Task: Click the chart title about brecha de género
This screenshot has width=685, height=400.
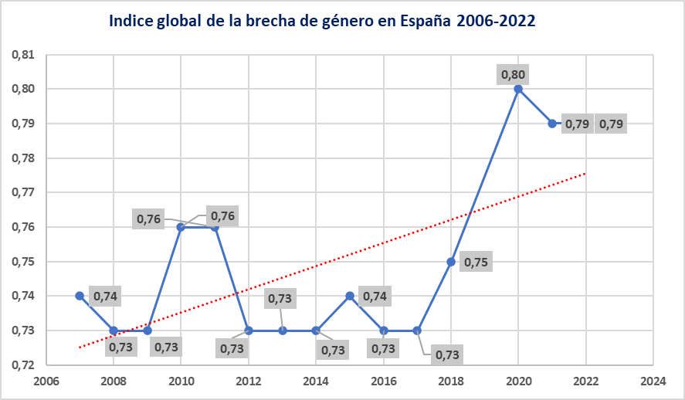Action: (x=322, y=21)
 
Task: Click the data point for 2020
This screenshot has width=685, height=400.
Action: (x=518, y=89)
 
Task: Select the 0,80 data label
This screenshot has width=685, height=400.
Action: (x=513, y=75)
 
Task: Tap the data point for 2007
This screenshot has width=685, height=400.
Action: (x=80, y=296)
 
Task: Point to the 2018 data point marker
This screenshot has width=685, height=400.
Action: (x=451, y=261)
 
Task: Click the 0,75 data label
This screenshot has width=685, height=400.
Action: (x=476, y=263)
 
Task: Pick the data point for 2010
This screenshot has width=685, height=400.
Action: (x=181, y=227)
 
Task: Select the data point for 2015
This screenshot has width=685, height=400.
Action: (x=350, y=296)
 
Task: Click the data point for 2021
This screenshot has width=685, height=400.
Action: (x=552, y=124)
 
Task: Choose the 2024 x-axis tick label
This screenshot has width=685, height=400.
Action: (x=653, y=381)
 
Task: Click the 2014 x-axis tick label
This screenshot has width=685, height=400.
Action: (x=316, y=381)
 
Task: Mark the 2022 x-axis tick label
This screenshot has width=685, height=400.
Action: (x=585, y=381)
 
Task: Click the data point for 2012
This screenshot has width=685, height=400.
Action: (x=249, y=331)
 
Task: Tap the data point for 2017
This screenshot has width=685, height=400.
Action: (x=417, y=331)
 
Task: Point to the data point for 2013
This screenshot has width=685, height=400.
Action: (x=283, y=331)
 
